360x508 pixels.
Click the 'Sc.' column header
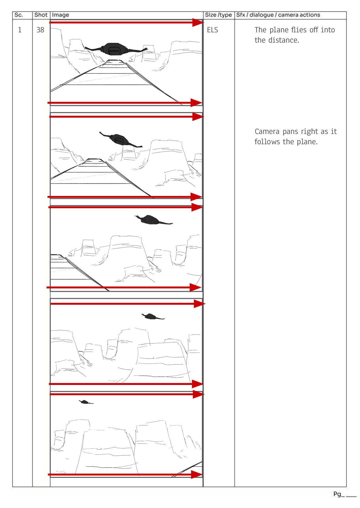(19, 15)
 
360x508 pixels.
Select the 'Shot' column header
(41, 15)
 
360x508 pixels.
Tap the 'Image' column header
(61, 15)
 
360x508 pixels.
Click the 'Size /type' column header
(218, 15)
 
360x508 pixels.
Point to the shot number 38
(40, 30)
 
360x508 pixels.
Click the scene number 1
(20, 30)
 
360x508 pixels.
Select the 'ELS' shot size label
(212, 30)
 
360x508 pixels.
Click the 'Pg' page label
(337, 494)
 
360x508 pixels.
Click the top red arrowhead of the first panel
(198, 22)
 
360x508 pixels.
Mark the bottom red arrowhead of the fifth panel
(196, 474)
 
